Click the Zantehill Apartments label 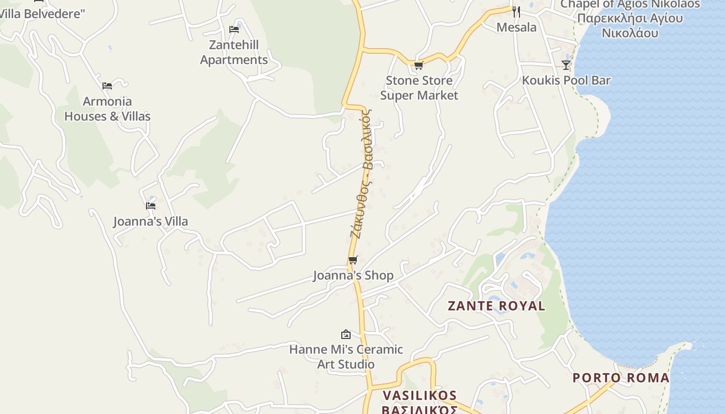234,52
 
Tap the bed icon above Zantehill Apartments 234,29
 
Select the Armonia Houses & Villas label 107,109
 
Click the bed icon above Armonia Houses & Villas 107,86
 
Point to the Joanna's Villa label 151,221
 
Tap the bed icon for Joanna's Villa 151,205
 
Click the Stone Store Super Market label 419,88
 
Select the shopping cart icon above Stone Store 418,65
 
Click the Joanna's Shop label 353,275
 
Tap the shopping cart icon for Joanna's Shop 353,260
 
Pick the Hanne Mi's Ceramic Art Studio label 346,357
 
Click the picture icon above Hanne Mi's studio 346,334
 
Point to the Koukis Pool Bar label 566,81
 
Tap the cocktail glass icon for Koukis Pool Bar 566,65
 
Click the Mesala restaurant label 516,27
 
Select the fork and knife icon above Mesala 516,11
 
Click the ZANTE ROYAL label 496,306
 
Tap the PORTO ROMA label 621,378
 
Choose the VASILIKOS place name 419,396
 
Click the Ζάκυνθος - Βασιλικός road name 361,173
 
